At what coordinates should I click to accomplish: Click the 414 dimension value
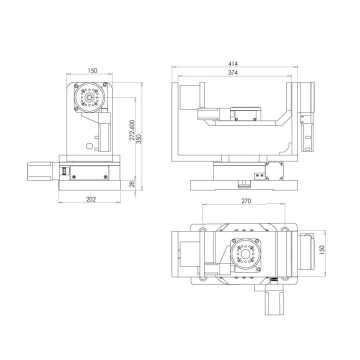tap(233, 63)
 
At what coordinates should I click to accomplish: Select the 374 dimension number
tap(233, 73)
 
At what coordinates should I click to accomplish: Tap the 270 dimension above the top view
tap(246, 201)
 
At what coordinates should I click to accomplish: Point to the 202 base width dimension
tap(91, 199)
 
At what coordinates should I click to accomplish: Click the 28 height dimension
tap(132, 184)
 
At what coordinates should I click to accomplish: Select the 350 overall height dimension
tap(139, 139)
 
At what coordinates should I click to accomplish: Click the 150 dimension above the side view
tap(92, 70)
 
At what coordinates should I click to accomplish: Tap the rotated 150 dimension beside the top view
tap(322, 250)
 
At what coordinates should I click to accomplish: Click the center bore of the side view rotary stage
tap(89, 97)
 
